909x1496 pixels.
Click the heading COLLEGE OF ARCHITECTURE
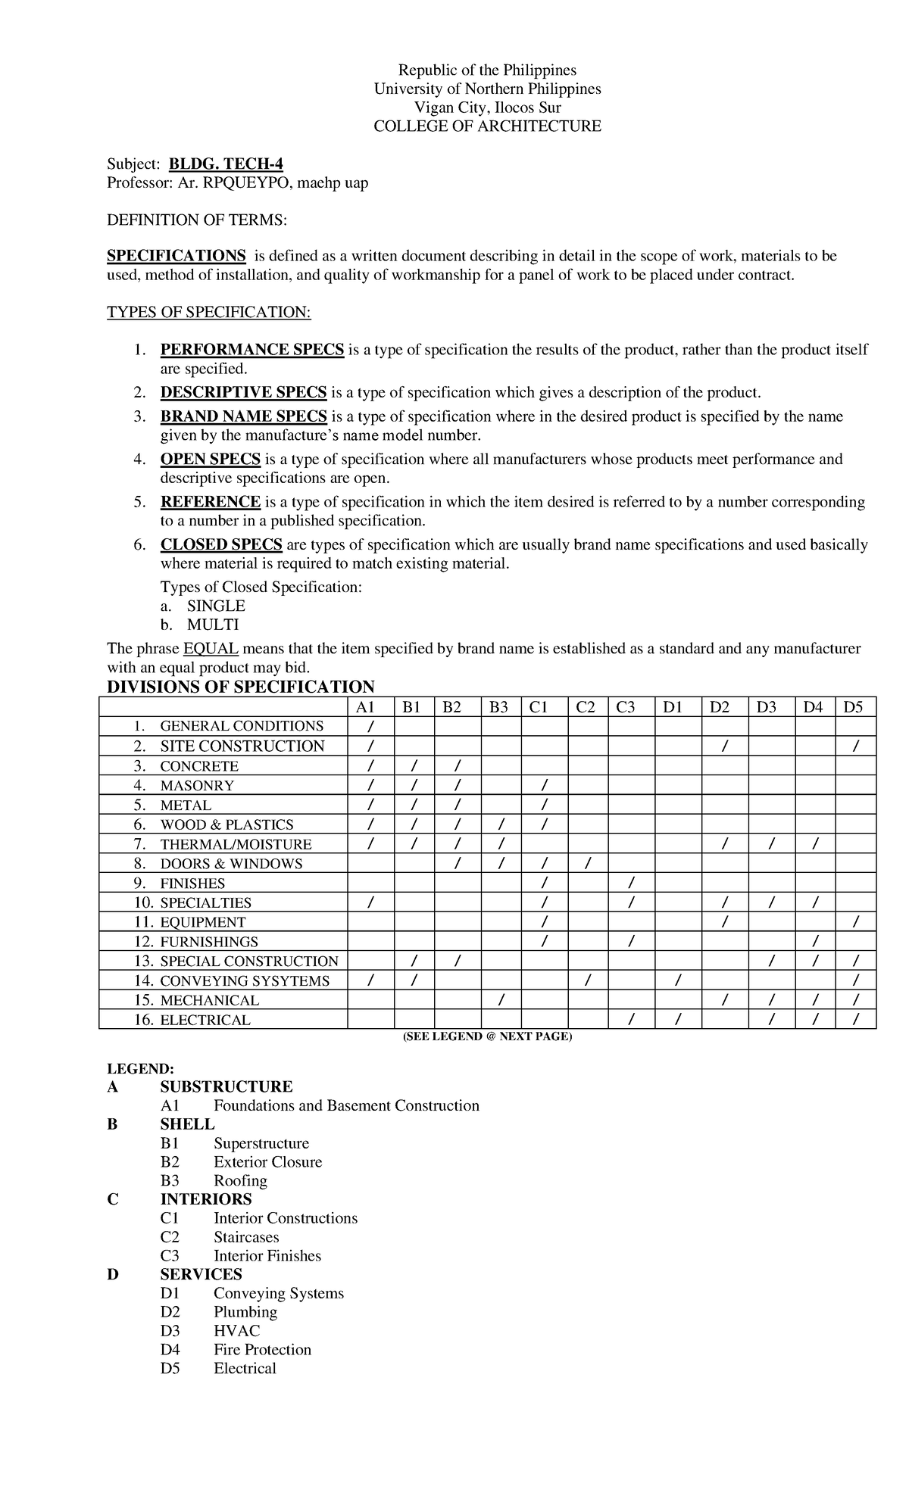coord(487,126)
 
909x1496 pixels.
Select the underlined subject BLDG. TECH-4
coord(226,164)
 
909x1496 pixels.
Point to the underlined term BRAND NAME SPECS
coord(243,416)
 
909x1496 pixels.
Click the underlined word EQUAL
coord(211,649)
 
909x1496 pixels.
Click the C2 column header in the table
coord(586,707)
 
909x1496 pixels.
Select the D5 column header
coord(854,707)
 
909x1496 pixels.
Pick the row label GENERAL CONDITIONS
coord(242,726)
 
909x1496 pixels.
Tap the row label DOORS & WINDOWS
coord(231,864)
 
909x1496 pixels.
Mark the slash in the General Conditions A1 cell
coord(370,727)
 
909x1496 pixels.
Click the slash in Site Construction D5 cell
coord(855,746)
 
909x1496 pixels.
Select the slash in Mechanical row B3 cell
coord(500,1001)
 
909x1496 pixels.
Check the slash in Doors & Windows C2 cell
coord(587,864)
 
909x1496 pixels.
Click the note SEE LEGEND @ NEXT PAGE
coord(487,1036)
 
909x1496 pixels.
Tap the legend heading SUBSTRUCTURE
coord(226,1087)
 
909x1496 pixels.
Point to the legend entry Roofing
coord(240,1181)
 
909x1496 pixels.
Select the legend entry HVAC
coord(236,1331)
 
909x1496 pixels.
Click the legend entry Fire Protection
coord(262,1350)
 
